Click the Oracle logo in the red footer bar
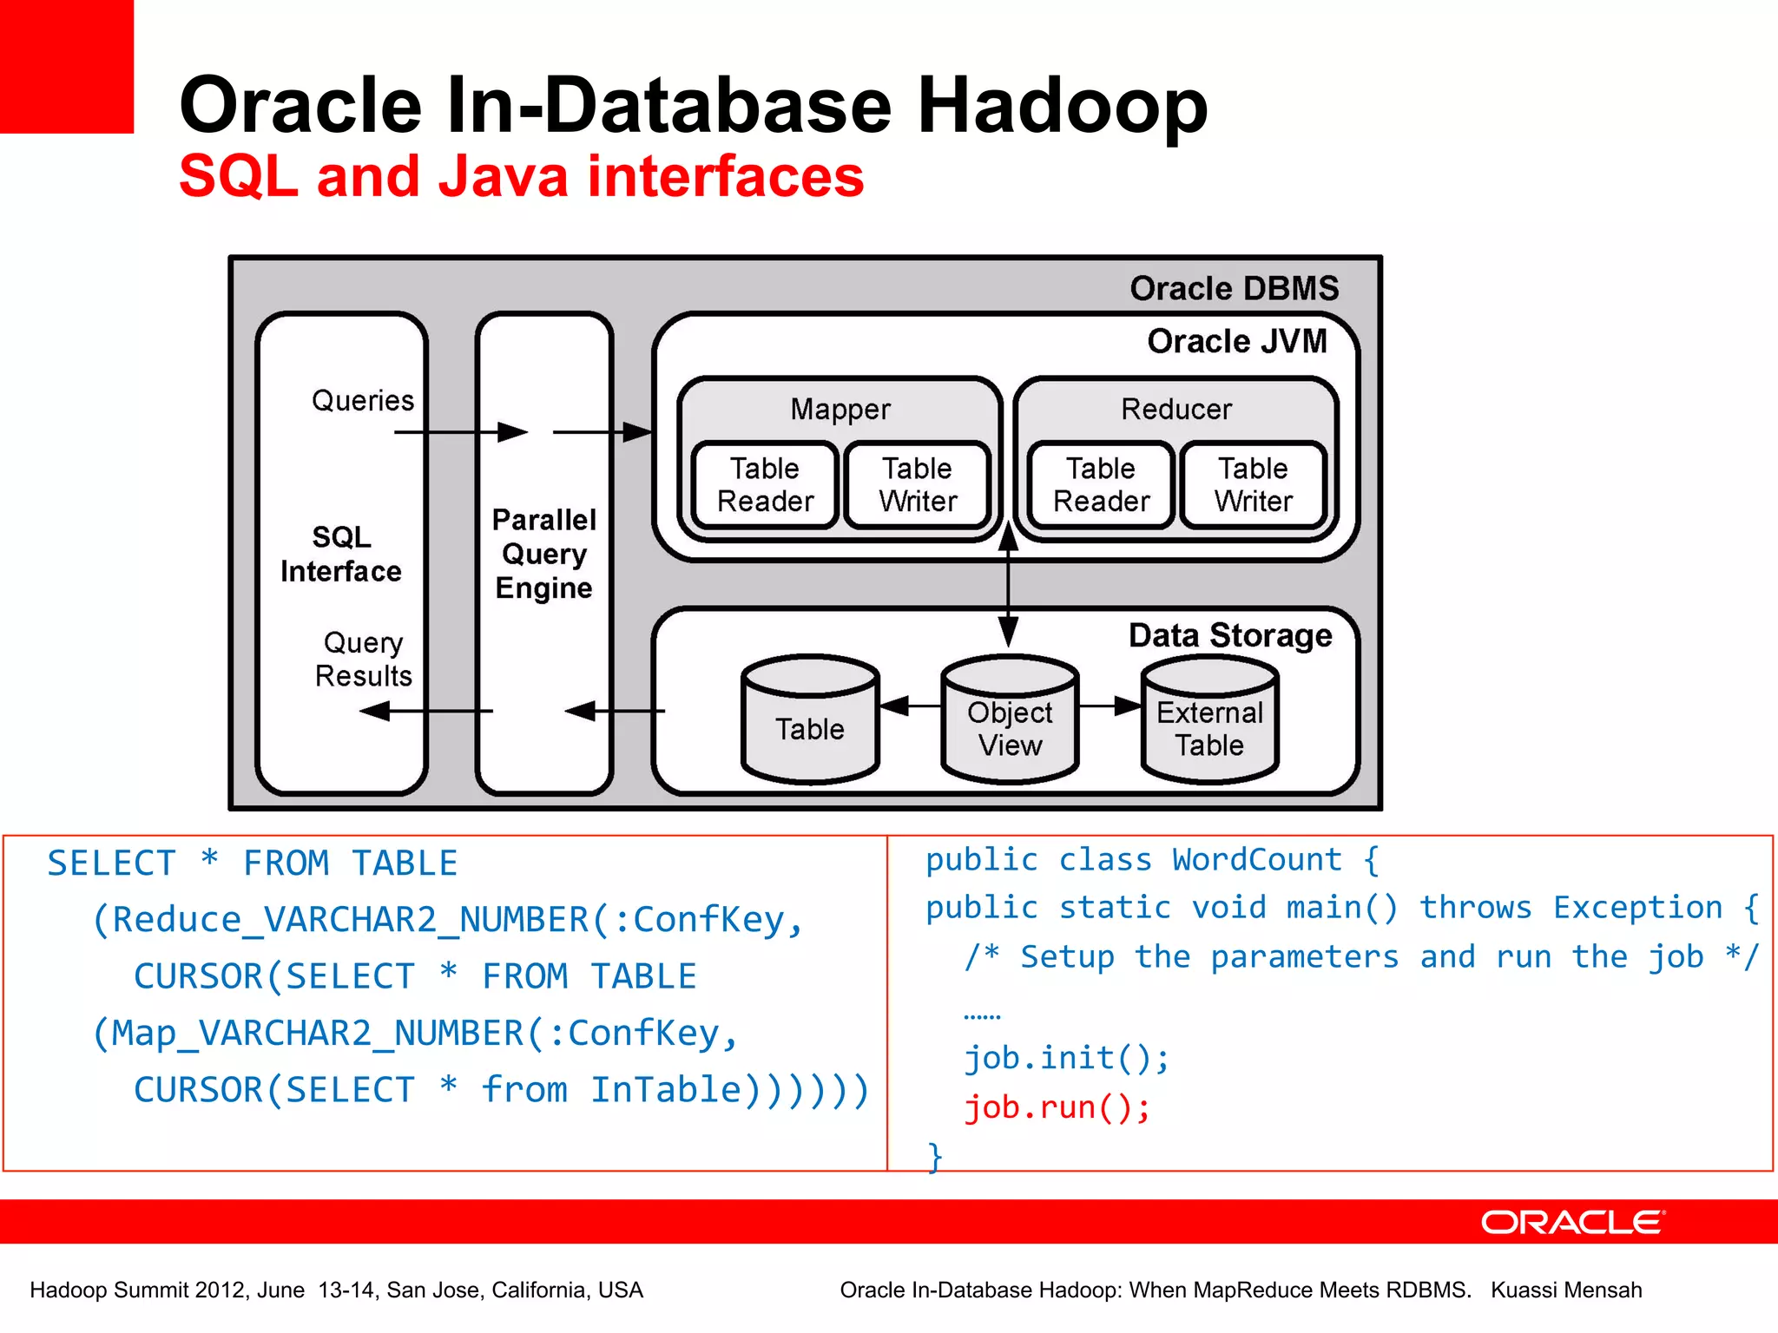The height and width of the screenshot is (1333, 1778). (1572, 1222)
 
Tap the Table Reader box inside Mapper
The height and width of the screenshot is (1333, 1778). (765, 485)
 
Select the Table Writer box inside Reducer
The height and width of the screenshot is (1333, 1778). (1253, 485)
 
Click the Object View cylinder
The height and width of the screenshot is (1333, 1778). (1010, 720)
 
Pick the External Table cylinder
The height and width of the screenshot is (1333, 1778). (1209, 720)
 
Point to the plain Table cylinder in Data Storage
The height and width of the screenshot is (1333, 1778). (810, 720)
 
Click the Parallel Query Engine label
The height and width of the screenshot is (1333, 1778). (544, 554)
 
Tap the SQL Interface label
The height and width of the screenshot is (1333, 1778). (341, 554)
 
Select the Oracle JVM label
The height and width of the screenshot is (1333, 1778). (1236, 341)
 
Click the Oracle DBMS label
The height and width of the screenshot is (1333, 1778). (1234, 288)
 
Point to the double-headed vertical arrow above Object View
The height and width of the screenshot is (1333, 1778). (1008, 586)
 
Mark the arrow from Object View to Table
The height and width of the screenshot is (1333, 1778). (910, 706)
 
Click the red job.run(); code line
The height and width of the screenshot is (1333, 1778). (1057, 1107)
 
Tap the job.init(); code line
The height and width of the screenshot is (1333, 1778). (1067, 1058)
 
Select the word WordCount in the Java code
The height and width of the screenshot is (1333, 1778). (1256, 860)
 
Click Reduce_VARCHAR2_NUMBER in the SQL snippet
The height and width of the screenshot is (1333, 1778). (351, 920)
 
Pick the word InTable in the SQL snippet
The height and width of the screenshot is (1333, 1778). (667, 1090)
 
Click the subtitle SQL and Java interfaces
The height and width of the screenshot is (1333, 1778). (521, 176)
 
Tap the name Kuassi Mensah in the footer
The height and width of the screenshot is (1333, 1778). (1566, 1290)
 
